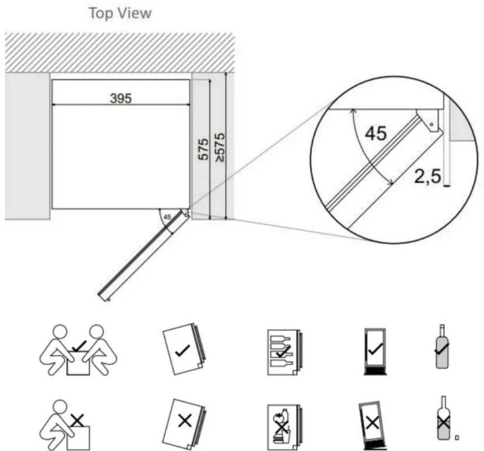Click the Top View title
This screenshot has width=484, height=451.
(120, 14)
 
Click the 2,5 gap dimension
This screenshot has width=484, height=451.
(428, 178)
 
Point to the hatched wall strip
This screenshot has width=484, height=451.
(120, 52)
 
